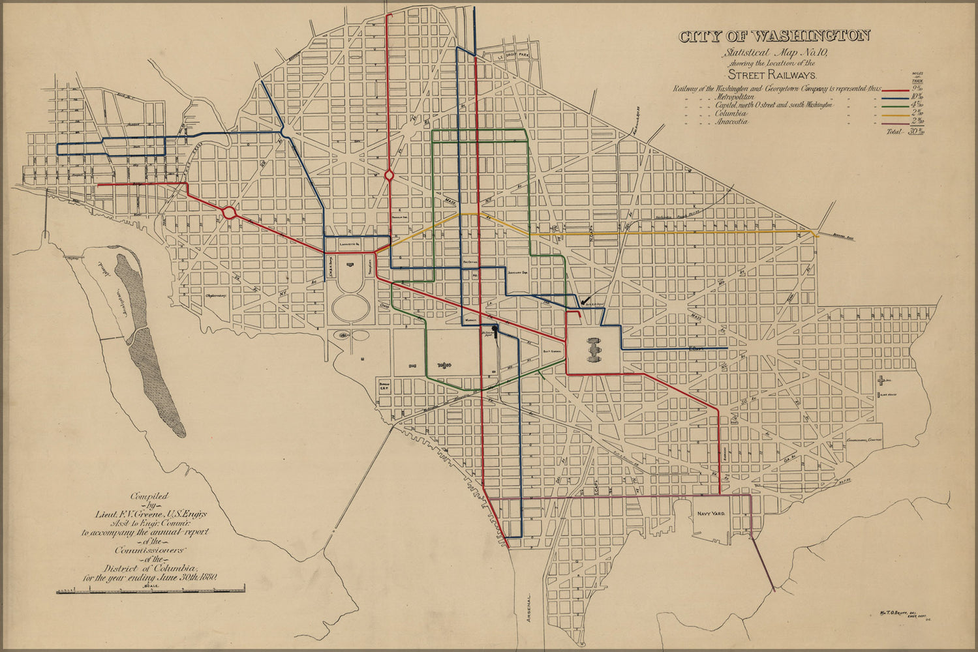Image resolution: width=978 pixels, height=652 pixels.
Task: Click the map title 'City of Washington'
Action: [x=774, y=37]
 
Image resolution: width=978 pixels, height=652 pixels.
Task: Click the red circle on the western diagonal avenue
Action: [x=229, y=213]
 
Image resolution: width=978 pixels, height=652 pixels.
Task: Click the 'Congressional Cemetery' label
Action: [x=864, y=439]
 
